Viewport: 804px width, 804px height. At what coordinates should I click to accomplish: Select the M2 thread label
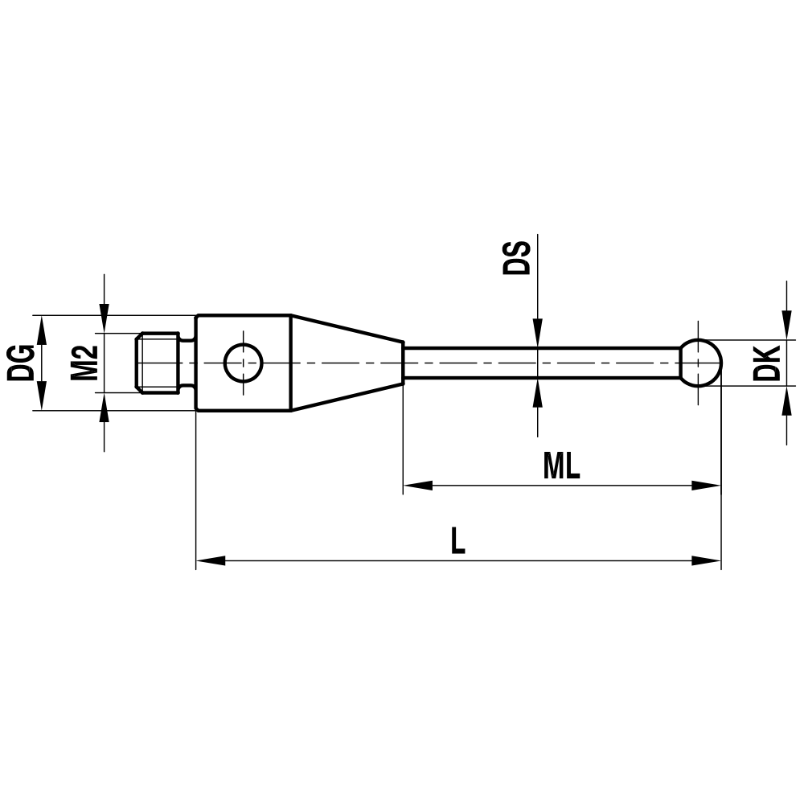(x=84, y=363)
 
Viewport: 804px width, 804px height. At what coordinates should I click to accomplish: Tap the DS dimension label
(x=516, y=256)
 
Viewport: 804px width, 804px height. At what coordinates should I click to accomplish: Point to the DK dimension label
(x=768, y=363)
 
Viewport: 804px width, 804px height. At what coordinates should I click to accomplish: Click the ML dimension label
(x=561, y=466)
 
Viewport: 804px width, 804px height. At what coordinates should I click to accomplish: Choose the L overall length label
(x=457, y=541)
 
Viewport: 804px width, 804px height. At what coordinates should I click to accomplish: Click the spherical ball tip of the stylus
(x=700, y=363)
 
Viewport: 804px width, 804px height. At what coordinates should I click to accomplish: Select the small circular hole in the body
(x=243, y=363)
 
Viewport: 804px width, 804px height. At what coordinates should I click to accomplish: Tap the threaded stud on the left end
(x=158, y=363)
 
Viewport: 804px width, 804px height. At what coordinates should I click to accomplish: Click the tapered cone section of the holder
(x=346, y=363)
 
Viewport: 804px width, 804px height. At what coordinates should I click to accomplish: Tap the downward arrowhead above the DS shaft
(x=537, y=333)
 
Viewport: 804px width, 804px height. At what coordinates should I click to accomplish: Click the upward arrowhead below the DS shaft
(x=537, y=393)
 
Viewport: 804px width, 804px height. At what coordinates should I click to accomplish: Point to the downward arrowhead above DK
(x=786, y=326)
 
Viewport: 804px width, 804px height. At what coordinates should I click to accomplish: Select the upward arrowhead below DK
(x=786, y=400)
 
